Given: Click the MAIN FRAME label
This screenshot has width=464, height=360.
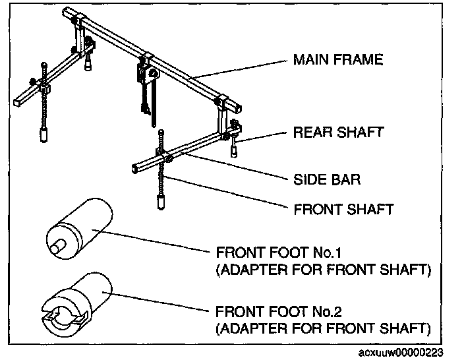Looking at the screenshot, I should click(337, 61).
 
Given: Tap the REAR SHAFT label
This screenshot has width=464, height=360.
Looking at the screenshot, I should click(337, 133).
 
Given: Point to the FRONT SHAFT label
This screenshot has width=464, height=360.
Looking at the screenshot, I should click(343, 210).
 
